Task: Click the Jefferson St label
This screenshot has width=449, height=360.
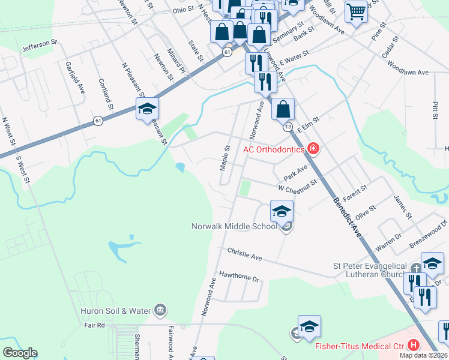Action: click(39, 45)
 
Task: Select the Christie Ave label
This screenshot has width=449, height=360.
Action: click(244, 254)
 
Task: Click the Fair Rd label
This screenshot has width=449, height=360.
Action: click(94, 325)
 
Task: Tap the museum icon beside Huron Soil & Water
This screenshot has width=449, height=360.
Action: click(160, 310)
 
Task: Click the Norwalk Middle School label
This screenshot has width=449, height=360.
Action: click(234, 227)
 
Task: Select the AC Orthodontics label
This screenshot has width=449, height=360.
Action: click(273, 149)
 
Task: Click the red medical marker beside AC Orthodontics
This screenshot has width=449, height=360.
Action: click(313, 148)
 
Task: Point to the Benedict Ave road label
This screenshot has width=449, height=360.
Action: click(348, 218)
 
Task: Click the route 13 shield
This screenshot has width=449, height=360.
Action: click(289, 127)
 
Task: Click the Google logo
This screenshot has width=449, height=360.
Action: click(20, 353)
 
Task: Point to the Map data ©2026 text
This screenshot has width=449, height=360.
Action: click(423, 355)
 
